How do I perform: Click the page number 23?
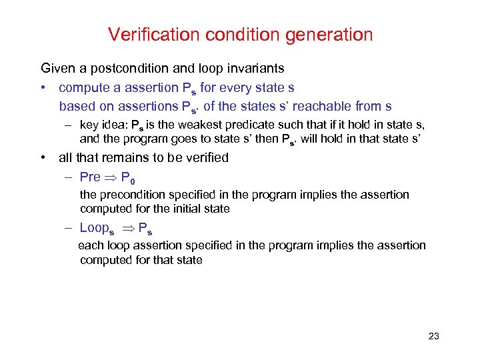433,337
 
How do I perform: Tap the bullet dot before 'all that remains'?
43,158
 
